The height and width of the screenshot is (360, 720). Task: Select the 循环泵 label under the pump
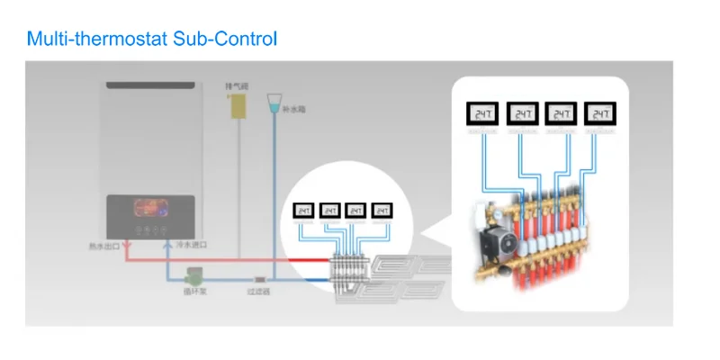coord(194,292)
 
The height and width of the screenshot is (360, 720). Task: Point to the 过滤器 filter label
coord(259,292)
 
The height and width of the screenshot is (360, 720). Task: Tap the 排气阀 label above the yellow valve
coord(237,85)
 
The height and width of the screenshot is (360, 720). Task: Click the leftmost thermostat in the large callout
coord(482,114)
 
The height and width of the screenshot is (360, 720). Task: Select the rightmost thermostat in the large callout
coord(600,114)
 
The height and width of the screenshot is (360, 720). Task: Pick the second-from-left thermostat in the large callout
coord(522,114)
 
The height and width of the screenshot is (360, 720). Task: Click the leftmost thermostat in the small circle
coord(304,210)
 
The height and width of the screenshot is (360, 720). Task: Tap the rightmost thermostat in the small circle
coord(383,210)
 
